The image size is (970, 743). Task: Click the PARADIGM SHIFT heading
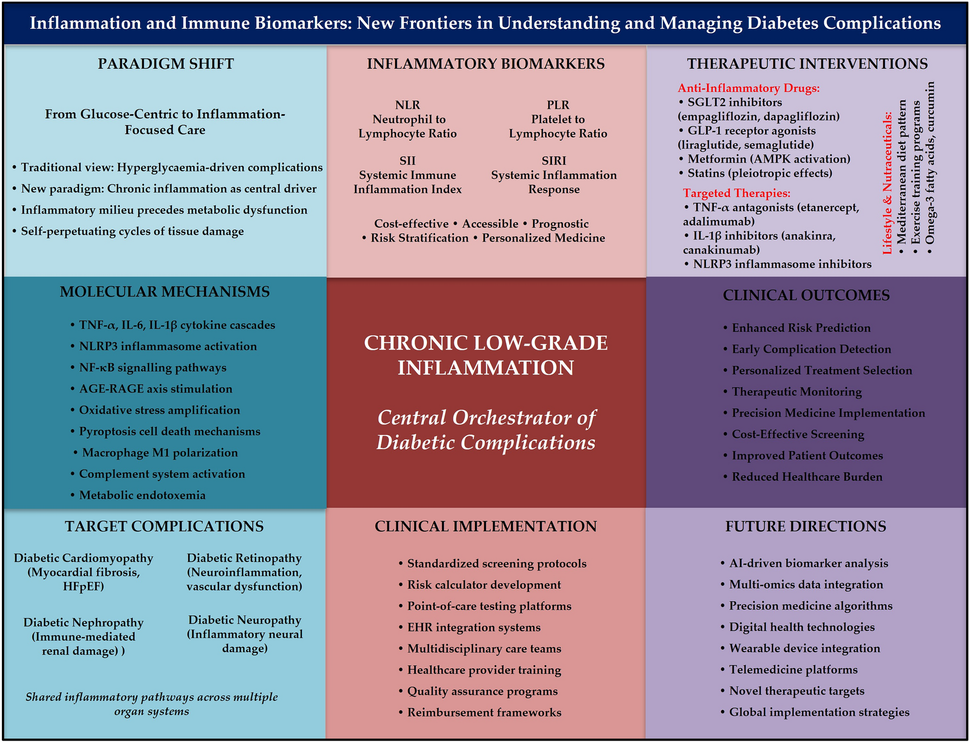[x=166, y=64]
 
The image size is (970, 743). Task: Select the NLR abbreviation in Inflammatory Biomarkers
[x=407, y=105]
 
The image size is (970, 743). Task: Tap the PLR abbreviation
[x=558, y=105]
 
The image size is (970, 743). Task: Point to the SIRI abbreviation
[x=554, y=161]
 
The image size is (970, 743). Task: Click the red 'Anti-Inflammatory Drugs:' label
[x=748, y=88]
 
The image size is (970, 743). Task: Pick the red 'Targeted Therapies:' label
[x=736, y=193]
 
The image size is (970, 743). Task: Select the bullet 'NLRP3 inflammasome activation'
[x=168, y=346]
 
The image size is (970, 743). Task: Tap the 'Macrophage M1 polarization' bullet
[x=160, y=452]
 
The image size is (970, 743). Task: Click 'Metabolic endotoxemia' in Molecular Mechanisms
[x=142, y=495]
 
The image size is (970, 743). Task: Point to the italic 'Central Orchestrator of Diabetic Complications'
[x=486, y=429]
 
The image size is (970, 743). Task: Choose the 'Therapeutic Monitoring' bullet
[x=797, y=392]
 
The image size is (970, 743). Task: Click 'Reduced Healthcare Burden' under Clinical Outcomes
[x=807, y=477]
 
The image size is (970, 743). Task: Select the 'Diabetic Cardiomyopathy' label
[x=84, y=558]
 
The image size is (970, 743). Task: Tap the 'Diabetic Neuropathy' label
[x=245, y=620]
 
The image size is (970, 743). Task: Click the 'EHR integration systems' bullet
[x=474, y=627]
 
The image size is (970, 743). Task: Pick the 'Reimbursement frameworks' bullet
[x=484, y=712]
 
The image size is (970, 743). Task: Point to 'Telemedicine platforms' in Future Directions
[x=793, y=669]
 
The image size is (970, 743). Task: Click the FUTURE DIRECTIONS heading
[x=806, y=526]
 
